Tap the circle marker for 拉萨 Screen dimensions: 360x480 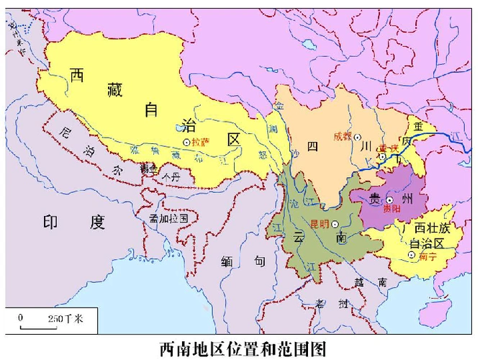(186, 143)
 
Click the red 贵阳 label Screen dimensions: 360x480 (392, 208)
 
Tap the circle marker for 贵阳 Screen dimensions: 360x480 (389, 199)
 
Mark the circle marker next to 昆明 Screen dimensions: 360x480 (335, 224)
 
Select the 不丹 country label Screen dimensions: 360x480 (171, 174)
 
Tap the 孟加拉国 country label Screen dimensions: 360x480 (168, 217)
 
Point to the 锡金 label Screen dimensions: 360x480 (148, 168)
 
